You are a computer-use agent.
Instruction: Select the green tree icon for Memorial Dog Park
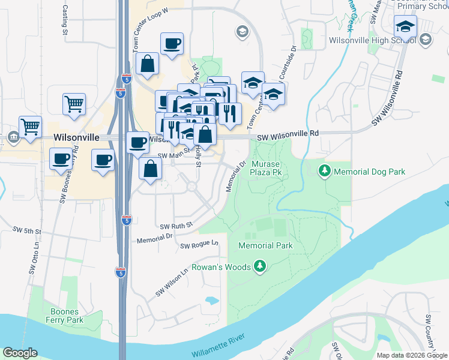click(325, 171)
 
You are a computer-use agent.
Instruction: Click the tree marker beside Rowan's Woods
click(259, 265)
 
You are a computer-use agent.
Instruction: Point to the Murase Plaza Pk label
click(266, 169)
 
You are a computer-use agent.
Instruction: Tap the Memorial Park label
click(265, 245)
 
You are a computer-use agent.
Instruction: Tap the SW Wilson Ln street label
click(172, 281)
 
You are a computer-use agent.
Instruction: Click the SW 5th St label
click(27, 230)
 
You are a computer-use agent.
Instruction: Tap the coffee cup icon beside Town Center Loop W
click(172, 43)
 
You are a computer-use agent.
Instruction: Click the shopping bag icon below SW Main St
click(150, 169)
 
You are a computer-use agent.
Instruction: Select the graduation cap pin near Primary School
click(405, 26)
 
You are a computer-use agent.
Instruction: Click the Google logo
click(19, 353)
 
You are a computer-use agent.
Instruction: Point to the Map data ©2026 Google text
click(411, 355)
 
